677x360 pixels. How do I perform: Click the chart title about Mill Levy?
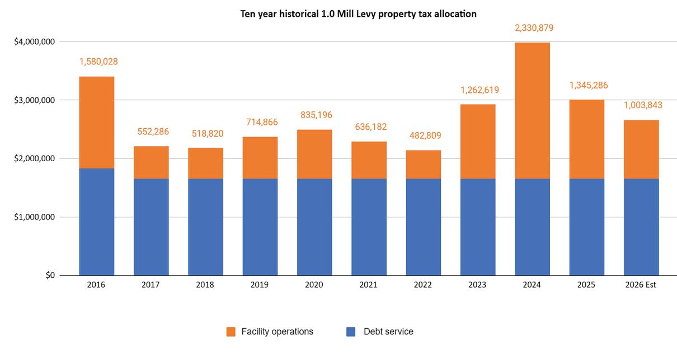pos(358,14)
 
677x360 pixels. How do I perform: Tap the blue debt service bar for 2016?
pos(97,222)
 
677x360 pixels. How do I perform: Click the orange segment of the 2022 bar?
pos(423,164)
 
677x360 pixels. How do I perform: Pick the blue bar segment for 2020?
pos(314,227)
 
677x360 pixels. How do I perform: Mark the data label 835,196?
pos(314,115)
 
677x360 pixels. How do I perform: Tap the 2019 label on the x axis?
pos(260,285)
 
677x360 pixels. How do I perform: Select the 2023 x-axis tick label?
pos(477,285)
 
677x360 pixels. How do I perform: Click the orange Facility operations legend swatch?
pos(231,332)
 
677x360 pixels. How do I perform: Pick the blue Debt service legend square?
pos(351,332)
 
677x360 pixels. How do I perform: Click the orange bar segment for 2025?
pos(586,139)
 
